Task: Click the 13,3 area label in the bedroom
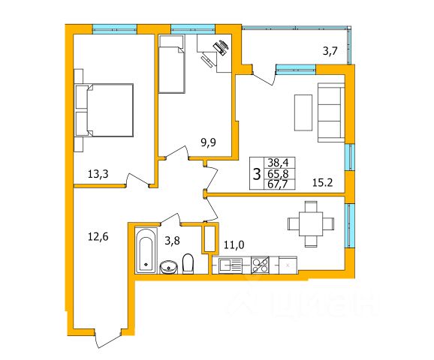point(98,174)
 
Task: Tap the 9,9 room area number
point(208,142)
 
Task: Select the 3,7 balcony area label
point(330,51)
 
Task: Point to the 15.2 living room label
point(322,182)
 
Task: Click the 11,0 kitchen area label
point(234,244)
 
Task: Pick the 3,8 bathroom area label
point(172,241)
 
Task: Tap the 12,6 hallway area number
point(98,237)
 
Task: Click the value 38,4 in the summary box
point(280,163)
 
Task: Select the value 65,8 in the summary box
point(280,174)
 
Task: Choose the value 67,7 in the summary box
point(280,184)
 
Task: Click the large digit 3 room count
point(257,174)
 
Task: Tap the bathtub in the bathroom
point(146,250)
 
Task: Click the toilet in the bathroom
point(188,264)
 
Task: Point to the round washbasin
point(168,267)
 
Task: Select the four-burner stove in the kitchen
point(260,265)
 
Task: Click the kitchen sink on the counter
point(231,265)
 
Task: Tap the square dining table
point(311,223)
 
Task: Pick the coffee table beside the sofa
point(303,112)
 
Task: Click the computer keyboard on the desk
point(206,61)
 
